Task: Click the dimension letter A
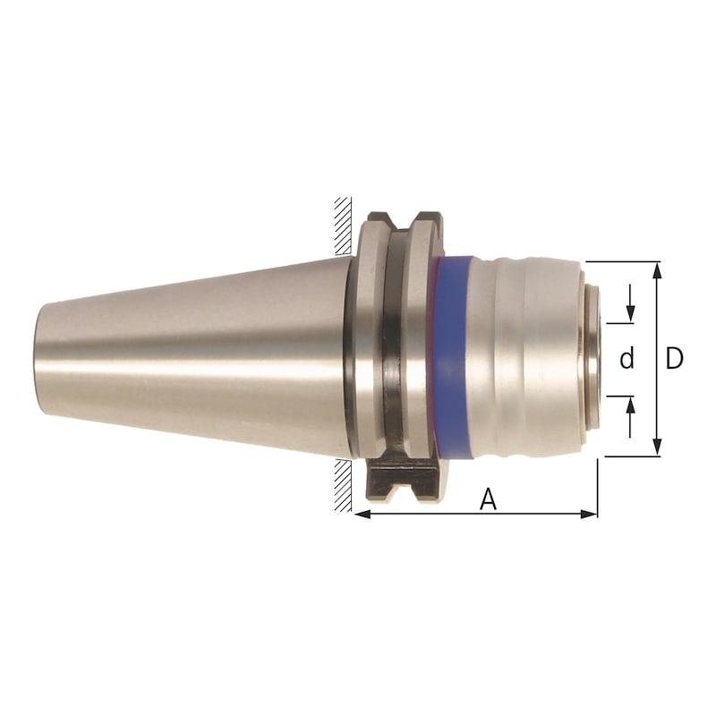pos(488,499)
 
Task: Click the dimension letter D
pos(675,359)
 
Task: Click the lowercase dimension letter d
pos(627,359)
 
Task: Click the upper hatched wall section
pos(343,222)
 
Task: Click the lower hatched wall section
pos(343,488)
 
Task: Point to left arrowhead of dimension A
pos(361,514)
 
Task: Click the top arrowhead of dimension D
pos(658,268)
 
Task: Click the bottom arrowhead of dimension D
pos(658,449)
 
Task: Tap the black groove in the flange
pos(392,358)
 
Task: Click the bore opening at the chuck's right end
pos(598,359)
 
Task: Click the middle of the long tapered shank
pos(197,359)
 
